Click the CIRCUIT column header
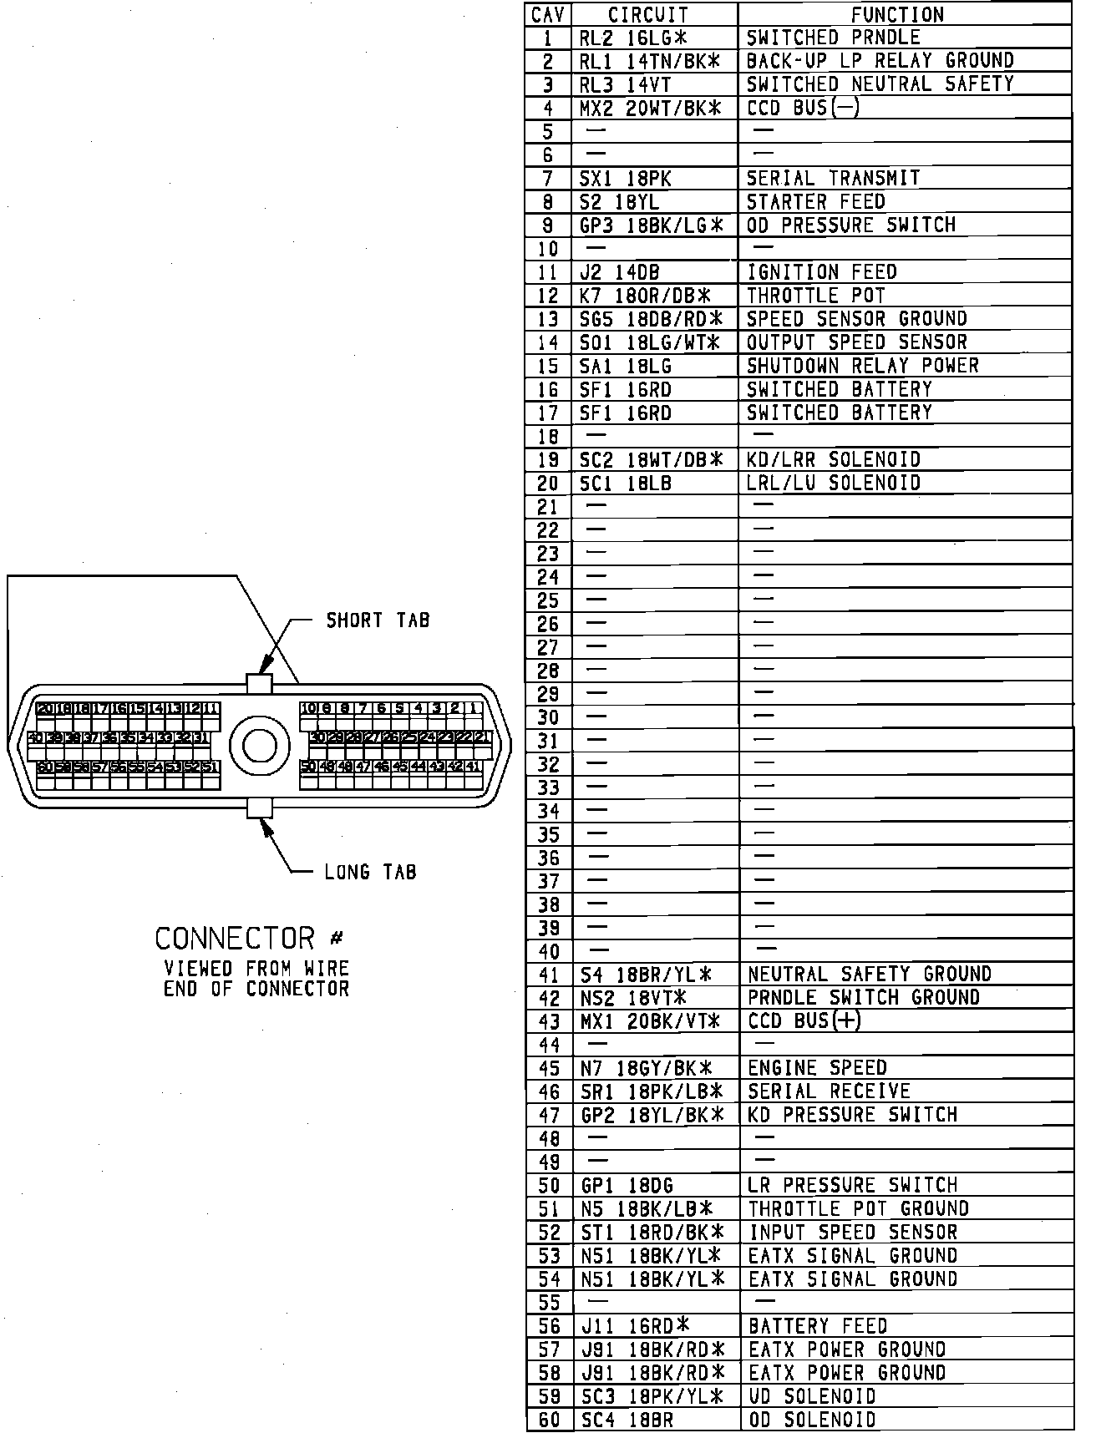click(648, 15)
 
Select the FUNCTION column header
click(896, 15)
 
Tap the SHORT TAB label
click(378, 620)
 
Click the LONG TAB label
click(370, 873)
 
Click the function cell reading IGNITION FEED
click(821, 272)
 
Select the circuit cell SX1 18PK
click(625, 179)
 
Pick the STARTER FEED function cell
click(815, 202)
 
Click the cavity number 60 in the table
click(549, 1420)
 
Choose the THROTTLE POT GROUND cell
click(858, 1209)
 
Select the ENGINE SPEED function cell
click(817, 1068)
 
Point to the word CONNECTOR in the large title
click(234, 939)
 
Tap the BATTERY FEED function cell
click(818, 1326)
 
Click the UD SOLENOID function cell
click(812, 1396)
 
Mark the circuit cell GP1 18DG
click(627, 1186)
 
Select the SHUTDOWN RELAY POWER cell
click(862, 366)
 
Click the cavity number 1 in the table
click(548, 38)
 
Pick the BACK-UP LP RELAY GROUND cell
click(880, 61)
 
